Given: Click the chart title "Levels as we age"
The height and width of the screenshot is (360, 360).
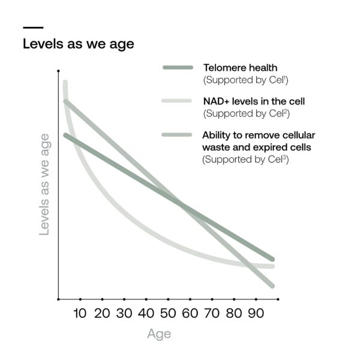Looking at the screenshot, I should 78,44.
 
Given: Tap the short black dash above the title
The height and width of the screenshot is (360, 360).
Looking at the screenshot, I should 32,27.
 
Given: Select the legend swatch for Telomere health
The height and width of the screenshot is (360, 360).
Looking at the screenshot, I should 178,67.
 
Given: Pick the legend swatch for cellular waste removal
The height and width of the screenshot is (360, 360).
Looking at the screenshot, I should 178,134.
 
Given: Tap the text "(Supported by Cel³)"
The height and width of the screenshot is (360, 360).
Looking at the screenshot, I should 245,160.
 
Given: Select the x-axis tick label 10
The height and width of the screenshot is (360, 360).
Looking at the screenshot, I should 80,313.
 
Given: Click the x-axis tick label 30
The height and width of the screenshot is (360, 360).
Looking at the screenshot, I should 124,313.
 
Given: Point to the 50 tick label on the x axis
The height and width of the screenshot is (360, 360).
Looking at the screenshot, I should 167,313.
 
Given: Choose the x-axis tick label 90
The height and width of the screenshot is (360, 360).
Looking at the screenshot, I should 254,313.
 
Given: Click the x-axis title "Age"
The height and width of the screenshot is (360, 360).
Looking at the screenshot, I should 159,334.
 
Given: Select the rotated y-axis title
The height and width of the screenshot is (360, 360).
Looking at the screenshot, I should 44,184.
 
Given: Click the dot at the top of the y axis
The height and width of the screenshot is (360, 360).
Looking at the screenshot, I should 58,71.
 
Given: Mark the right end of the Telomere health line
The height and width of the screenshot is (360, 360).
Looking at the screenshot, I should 272,258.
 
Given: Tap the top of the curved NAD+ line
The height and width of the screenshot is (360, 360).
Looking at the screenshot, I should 65,83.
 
